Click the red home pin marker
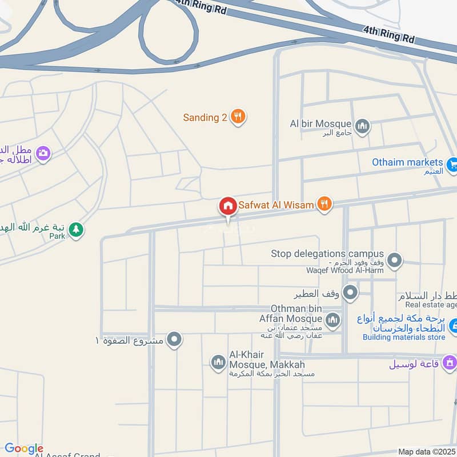point(228,206)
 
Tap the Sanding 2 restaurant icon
point(238,117)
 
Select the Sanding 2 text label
point(205,118)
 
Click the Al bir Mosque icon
point(362,126)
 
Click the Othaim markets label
point(407,162)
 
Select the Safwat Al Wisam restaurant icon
point(324,203)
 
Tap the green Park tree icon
point(75,230)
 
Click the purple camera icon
point(43,153)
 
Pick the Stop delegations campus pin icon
point(394,261)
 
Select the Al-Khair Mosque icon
point(218,362)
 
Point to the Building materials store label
point(404,338)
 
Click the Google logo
point(23,449)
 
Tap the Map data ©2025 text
point(426,452)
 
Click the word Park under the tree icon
point(57,235)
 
